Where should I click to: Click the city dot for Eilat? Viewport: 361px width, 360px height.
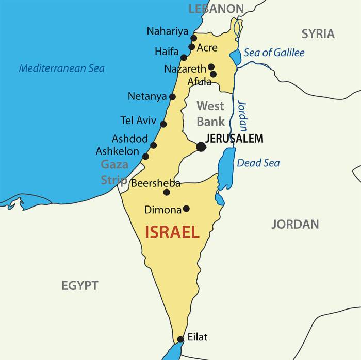click(180, 339)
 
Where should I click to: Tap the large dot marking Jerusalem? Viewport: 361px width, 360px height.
click(201, 147)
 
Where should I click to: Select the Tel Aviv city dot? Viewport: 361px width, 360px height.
click(163, 124)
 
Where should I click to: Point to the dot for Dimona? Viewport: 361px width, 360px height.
click(186, 209)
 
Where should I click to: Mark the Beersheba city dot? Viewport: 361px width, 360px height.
click(167, 192)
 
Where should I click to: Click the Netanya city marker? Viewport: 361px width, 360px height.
click(172, 97)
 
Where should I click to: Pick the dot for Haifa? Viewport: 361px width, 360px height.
click(184, 57)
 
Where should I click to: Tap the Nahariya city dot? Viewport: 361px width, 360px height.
click(194, 38)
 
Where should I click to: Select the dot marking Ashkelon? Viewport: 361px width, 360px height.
click(145, 157)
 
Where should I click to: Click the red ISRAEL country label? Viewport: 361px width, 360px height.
click(172, 232)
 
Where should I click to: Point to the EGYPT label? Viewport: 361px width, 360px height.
click(80, 286)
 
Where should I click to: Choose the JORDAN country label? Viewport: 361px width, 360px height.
click(295, 224)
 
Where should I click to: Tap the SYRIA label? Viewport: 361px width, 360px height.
click(318, 34)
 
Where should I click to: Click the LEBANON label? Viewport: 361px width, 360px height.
click(216, 8)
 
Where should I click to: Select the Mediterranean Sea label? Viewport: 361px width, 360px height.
click(62, 68)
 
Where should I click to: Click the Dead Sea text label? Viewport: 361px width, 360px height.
click(258, 163)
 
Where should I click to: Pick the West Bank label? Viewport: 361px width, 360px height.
click(211, 114)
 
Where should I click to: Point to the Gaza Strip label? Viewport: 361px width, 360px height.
click(114, 172)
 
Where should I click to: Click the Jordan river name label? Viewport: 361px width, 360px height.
click(242, 116)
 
